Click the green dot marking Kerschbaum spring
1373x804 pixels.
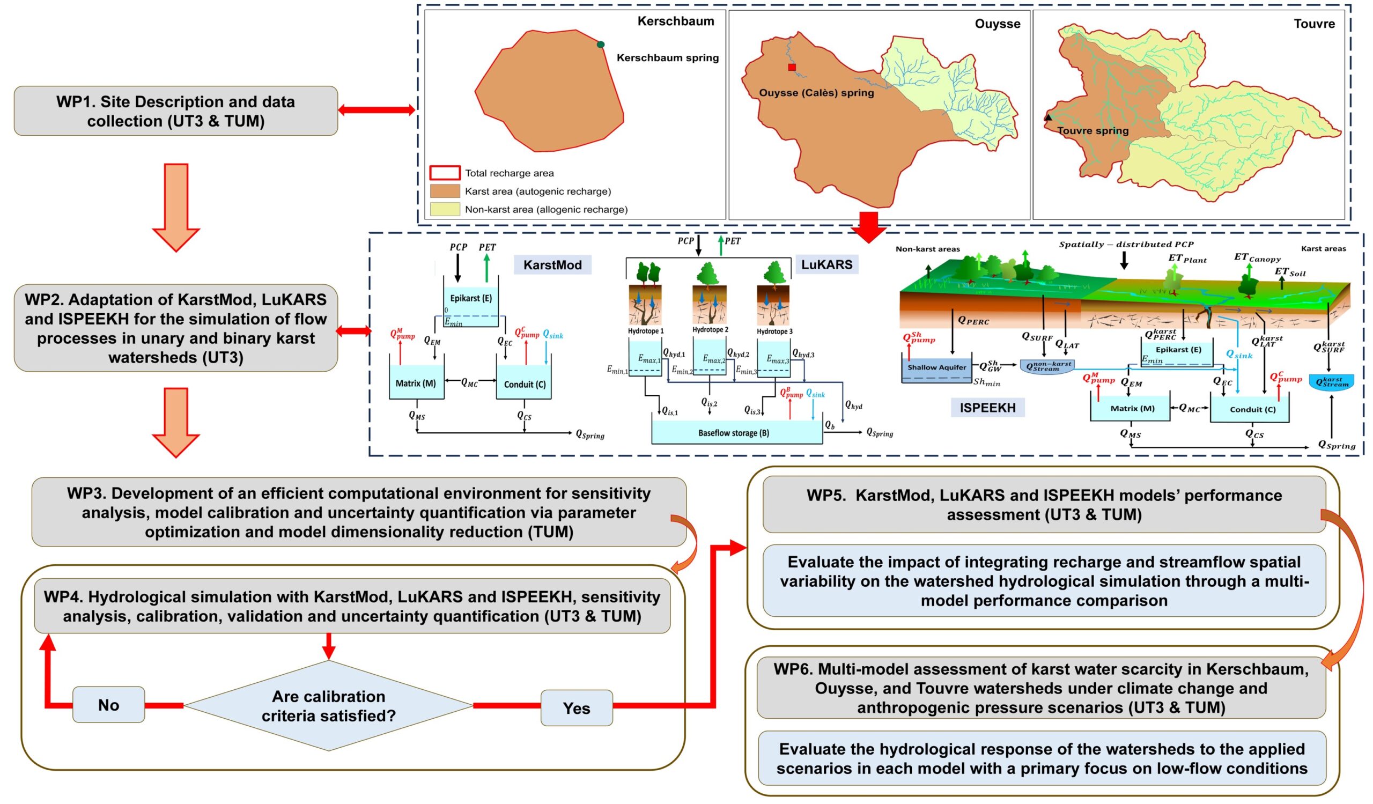point(600,44)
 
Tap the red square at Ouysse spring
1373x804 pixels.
point(792,68)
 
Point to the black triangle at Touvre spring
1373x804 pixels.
point(1048,117)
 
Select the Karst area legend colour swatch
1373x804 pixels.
point(445,191)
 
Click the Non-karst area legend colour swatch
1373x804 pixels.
point(445,209)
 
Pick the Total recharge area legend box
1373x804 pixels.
point(445,173)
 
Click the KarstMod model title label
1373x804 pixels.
point(552,265)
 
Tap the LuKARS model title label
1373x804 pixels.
point(826,264)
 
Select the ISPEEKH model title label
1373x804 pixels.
point(987,408)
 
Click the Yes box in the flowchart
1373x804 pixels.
point(577,707)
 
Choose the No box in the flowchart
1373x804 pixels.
point(108,705)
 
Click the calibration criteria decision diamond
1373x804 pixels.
point(329,706)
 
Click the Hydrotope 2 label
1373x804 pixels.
point(710,329)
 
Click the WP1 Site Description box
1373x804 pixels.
point(176,110)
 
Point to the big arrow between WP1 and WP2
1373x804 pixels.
point(176,207)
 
